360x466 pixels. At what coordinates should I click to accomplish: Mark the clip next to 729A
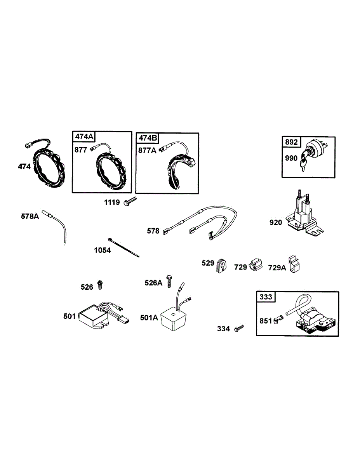click(295, 265)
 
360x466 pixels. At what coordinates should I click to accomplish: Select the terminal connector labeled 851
click(278, 320)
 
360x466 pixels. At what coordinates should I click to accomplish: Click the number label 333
click(266, 297)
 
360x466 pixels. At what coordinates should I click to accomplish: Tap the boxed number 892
click(292, 142)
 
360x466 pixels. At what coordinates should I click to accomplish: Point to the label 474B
click(148, 138)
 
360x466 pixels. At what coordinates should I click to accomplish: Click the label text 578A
click(30, 216)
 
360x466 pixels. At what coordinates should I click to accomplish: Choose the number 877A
click(147, 150)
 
